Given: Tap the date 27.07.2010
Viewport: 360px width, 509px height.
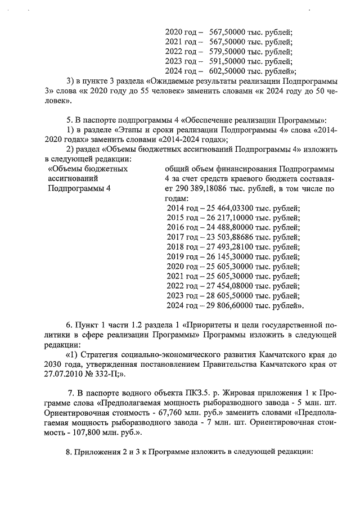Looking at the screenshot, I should [61, 374].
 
